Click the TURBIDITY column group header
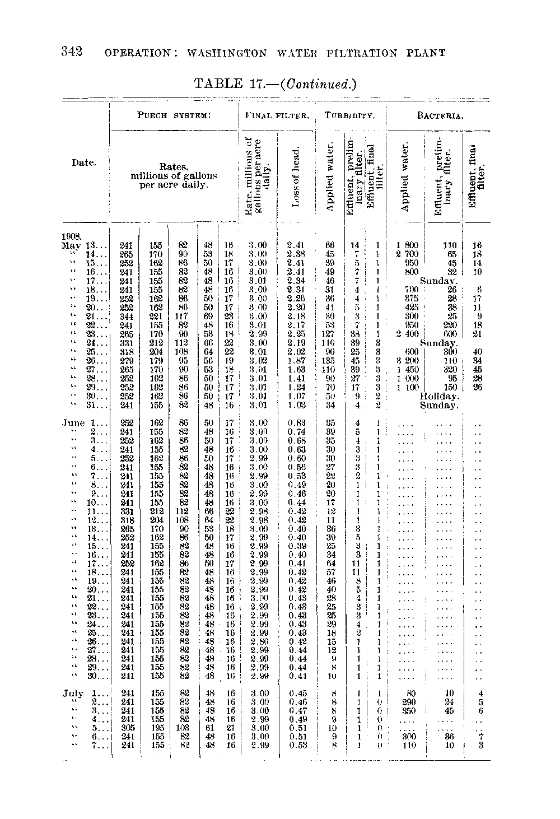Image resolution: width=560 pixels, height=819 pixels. click(x=350, y=117)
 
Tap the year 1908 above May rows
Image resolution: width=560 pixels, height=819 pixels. click(x=72, y=237)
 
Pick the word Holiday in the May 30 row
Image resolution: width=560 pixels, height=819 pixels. click(x=440, y=396)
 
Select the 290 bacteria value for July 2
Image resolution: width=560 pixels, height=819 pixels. click(x=408, y=702)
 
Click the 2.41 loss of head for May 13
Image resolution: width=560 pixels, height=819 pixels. click(x=295, y=245)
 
